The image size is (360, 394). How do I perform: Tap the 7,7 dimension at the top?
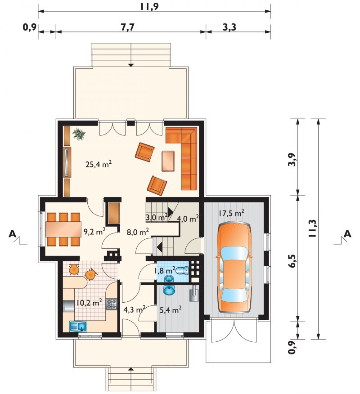tap(128, 27)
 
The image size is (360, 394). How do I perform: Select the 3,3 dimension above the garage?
tap(229, 27)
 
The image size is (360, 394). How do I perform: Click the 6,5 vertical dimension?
tap(293, 261)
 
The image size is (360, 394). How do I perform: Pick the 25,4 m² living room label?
tap(99, 165)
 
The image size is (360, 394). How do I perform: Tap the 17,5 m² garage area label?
tap(231, 213)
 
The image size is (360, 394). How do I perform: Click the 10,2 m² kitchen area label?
tap(89, 303)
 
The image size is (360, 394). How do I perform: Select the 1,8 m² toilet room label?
tap(164, 271)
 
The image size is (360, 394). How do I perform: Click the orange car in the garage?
tap(234, 267)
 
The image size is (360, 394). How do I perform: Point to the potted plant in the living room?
tap(79, 134)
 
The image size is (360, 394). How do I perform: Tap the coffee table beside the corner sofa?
tap(168, 161)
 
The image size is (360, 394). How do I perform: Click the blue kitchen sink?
tap(78, 326)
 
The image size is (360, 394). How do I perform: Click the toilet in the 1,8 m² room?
tap(182, 271)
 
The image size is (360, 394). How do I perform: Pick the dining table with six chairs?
tap(63, 229)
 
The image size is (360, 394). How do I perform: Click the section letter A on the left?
tap(12, 234)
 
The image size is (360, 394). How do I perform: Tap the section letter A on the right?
tap(347, 234)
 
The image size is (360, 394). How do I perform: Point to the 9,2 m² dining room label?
tap(94, 232)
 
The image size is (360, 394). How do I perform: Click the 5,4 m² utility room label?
tap(171, 310)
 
